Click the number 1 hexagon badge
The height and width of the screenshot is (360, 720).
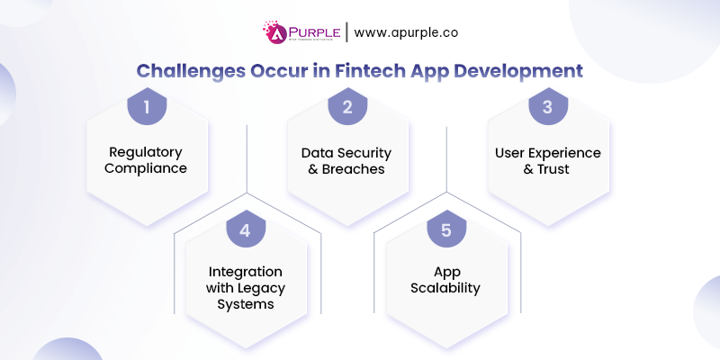click(x=147, y=108)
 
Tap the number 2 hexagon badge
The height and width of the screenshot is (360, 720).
click(x=346, y=108)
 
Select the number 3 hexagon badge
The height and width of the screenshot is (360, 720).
click(x=546, y=108)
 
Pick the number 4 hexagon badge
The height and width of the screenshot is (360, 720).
click(x=245, y=230)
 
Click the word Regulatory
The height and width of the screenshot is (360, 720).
click(x=146, y=152)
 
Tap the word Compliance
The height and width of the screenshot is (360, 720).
click(x=146, y=169)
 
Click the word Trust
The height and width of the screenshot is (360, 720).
click(x=556, y=169)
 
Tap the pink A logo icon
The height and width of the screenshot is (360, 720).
click(x=272, y=32)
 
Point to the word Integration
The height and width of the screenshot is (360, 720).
click(x=246, y=271)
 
